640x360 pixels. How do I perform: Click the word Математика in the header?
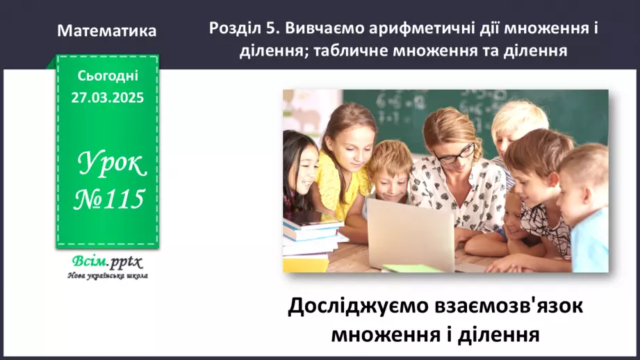107,31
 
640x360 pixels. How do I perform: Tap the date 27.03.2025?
107,98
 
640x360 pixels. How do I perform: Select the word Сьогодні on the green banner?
107,76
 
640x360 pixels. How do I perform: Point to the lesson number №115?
110,199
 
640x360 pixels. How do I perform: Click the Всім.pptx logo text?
106,262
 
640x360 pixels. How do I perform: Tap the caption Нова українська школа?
107,275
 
